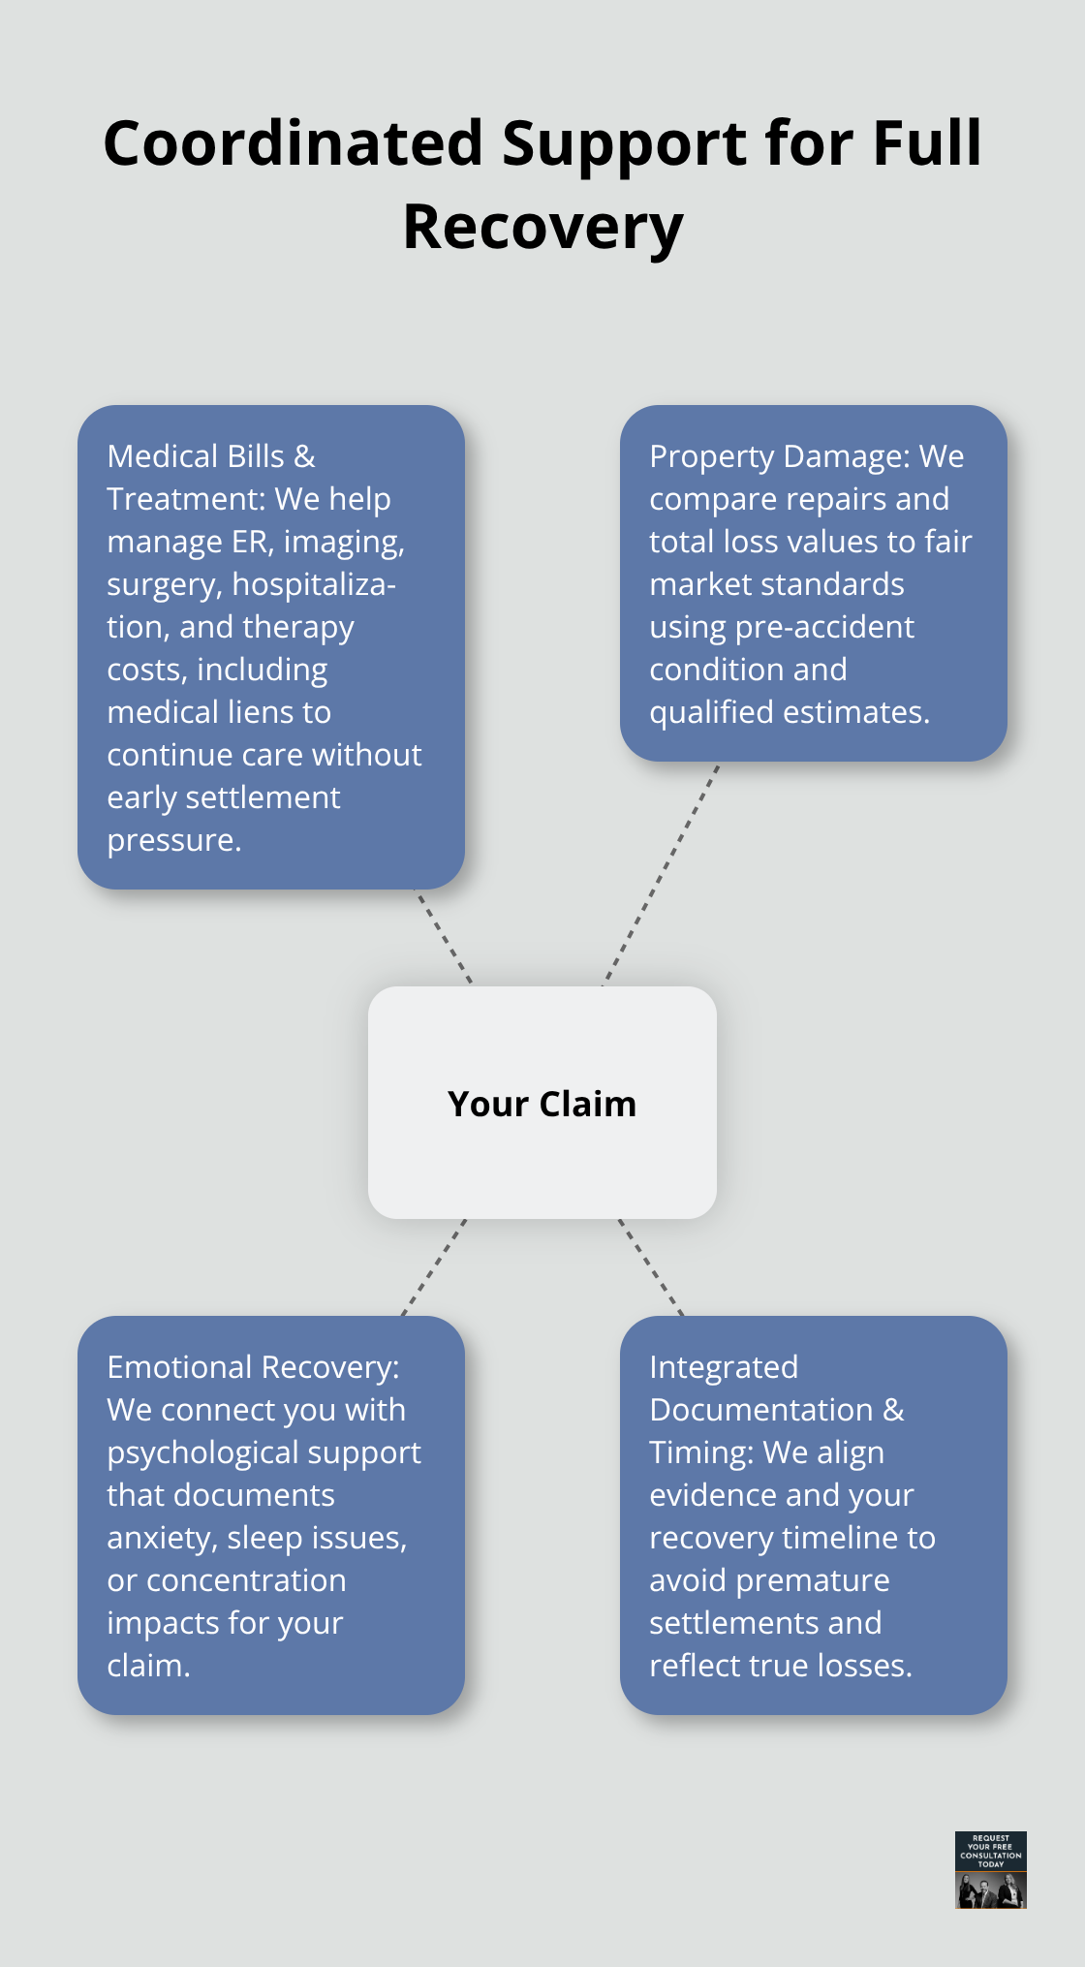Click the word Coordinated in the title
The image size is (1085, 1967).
coord(293,143)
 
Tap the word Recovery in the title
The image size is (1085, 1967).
coord(542,228)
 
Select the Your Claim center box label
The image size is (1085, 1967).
coord(542,1104)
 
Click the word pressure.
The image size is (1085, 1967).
coord(173,840)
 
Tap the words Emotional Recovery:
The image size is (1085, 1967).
coord(253,1367)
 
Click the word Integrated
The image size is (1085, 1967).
coord(724,1367)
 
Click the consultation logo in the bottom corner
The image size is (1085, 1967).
coord(990,1869)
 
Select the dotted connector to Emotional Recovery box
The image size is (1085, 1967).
coord(434,1266)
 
